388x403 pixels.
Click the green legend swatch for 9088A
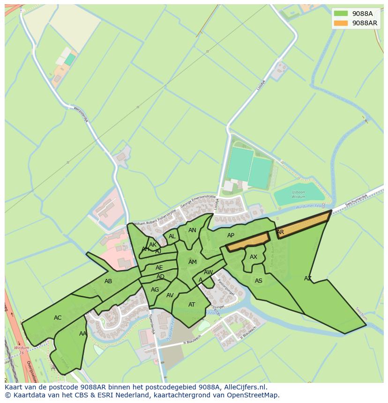[x=341, y=14]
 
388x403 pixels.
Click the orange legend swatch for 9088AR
[x=341, y=23]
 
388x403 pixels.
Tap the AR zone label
[x=280, y=232]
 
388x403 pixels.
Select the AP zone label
[x=231, y=235]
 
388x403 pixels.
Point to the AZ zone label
[x=307, y=278]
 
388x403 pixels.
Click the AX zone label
[x=254, y=257]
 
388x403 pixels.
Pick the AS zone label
[x=259, y=281]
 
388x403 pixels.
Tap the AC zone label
[x=58, y=318]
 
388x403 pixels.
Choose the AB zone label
[x=108, y=281]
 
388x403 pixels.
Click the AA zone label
[x=83, y=334]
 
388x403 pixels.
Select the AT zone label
[x=192, y=305]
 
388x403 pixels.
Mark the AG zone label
[x=155, y=290]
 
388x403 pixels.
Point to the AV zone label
[x=170, y=295]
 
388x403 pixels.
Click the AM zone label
[x=193, y=262]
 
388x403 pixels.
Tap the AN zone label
[x=192, y=230]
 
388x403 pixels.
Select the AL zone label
[x=172, y=236]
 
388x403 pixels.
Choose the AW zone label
[x=209, y=272]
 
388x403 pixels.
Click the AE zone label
[x=159, y=268]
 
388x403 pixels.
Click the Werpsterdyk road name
[x=81, y=114]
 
